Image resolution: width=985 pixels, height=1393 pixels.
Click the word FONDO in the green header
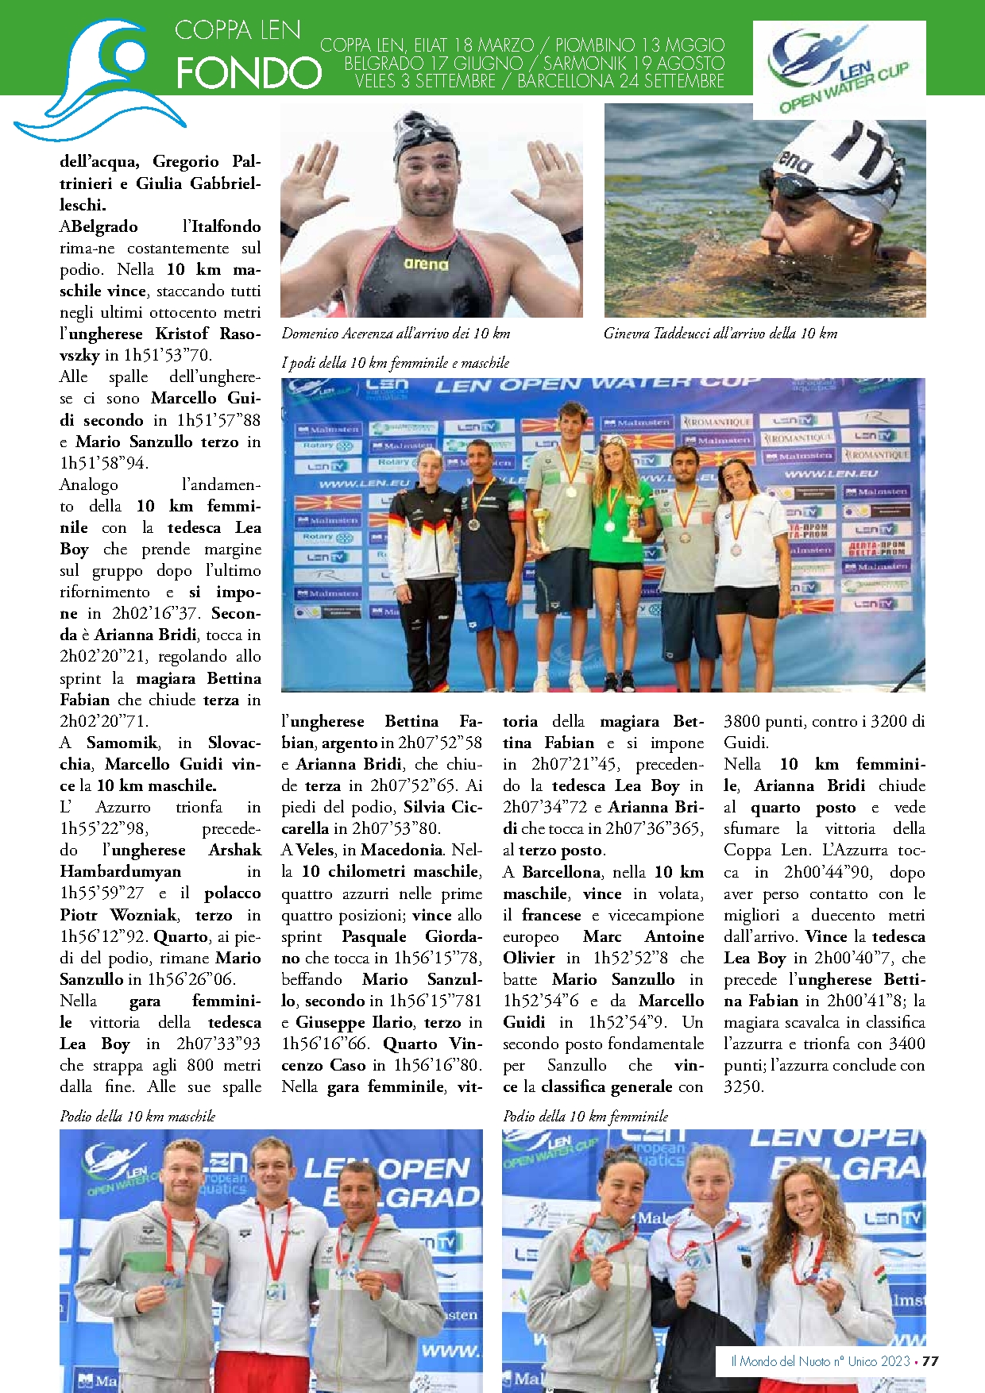(249, 73)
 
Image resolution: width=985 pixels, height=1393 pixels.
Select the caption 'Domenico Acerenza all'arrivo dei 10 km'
(396, 334)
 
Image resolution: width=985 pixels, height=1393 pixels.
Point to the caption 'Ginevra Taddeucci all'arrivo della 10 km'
(720, 334)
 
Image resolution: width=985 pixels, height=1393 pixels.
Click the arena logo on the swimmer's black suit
(426, 264)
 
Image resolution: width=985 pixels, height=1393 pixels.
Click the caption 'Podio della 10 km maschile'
(137, 1116)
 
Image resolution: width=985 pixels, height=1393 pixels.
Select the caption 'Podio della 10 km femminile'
(585, 1116)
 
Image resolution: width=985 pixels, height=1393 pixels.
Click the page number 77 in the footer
(930, 1360)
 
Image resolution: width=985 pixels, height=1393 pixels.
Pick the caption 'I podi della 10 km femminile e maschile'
(396, 363)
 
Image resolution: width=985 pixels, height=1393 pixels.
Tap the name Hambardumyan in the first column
(120, 871)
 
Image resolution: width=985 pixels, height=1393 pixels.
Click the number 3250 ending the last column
(743, 1086)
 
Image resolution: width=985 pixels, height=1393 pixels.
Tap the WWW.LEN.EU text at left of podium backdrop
(365, 483)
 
